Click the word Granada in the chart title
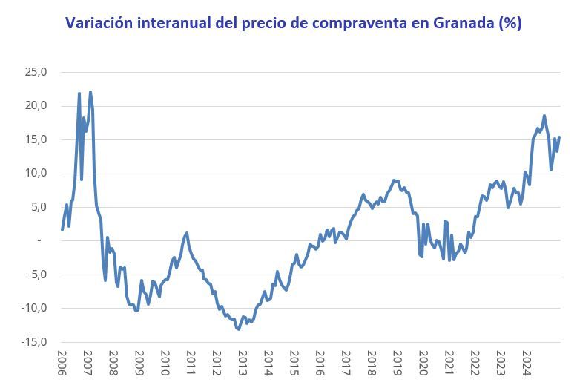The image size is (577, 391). tap(448, 23)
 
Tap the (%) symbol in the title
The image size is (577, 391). tap(510, 23)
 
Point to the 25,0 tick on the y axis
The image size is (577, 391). tap(35, 72)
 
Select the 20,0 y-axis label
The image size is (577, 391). tap(35, 106)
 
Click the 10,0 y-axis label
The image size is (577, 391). tap(35, 174)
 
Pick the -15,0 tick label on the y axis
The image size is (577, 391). tap(33, 342)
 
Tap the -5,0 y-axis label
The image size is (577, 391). tap(35, 275)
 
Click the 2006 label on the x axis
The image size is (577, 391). tap(62, 364)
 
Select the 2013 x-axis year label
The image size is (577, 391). tap(243, 364)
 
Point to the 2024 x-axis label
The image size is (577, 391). tap(526, 364)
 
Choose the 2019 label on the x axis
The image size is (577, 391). tap(397, 364)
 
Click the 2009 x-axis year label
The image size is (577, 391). tap(139, 364)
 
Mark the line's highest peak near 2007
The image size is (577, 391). tap(90, 92)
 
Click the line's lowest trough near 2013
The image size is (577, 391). tap(239, 329)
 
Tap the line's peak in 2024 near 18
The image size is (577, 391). tap(544, 116)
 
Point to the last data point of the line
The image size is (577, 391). tap(559, 137)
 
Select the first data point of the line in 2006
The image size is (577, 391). tap(62, 229)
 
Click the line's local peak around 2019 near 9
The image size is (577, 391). tap(394, 180)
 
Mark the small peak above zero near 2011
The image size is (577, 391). tap(186, 233)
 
